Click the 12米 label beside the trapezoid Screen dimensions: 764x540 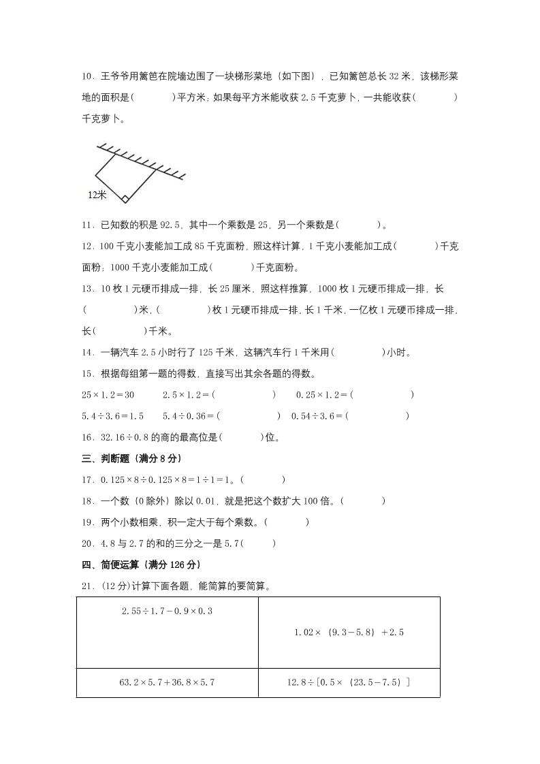point(97,195)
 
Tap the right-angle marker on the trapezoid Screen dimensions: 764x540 point(125,199)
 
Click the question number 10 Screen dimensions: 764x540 point(86,76)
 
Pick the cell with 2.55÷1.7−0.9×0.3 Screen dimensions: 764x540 point(167,611)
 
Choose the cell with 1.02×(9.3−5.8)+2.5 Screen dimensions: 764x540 point(349,633)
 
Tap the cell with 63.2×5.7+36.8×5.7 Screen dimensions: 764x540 point(167,682)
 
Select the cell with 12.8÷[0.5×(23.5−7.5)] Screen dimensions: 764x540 point(349,682)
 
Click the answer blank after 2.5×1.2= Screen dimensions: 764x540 point(245,394)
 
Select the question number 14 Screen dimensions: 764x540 point(86,352)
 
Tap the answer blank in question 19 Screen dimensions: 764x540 point(286,522)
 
